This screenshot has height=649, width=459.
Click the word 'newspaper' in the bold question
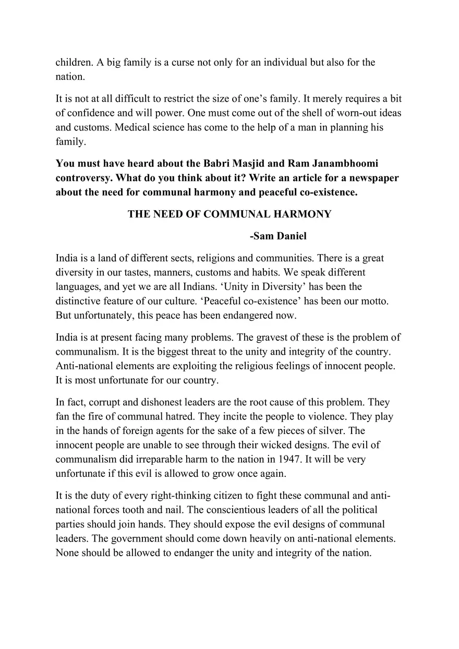373,178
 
